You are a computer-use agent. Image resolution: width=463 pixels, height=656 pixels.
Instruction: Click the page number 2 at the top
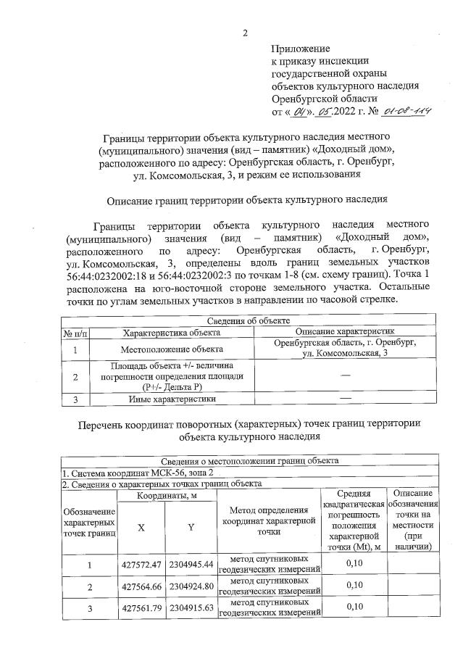pos(245,33)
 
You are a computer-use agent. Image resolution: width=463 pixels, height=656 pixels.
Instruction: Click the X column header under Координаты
pos(141,528)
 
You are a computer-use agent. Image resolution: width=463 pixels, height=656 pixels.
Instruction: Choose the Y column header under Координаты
pos(191,528)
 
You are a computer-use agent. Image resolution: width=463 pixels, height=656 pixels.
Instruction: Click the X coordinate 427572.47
pos(141,563)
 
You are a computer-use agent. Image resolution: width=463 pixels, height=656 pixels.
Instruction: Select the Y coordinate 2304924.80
pos(191,585)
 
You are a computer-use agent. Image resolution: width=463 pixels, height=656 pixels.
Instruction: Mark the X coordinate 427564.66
pos(141,585)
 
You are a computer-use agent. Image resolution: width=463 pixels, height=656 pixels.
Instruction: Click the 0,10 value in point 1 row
pos(354,563)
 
